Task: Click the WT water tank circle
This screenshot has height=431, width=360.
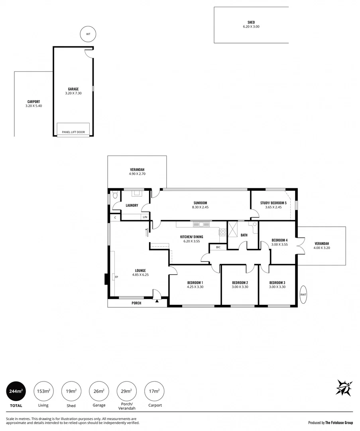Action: point(88,34)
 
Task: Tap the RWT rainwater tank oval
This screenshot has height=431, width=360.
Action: point(304,295)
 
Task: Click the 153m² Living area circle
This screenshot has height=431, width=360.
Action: point(43,391)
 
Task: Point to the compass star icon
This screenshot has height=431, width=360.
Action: point(344,388)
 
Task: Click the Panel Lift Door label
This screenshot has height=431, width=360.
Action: point(73,132)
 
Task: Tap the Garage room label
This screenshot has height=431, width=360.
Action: point(73,89)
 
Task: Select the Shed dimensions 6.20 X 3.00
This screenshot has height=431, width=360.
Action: point(251,27)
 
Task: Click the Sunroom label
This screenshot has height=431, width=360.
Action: point(200,203)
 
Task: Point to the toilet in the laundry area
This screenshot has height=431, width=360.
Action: point(115,196)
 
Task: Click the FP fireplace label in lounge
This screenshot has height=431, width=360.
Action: point(116,277)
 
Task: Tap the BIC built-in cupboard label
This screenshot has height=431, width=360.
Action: point(218,247)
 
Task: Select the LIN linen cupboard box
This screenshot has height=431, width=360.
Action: point(145,217)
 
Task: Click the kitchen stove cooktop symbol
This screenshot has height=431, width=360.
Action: point(223,232)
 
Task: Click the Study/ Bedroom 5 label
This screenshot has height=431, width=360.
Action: point(273,203)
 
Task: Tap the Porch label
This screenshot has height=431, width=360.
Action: point(136,303)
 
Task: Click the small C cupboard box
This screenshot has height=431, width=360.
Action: point(115,217)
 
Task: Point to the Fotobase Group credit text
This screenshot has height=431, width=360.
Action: point(330,423)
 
